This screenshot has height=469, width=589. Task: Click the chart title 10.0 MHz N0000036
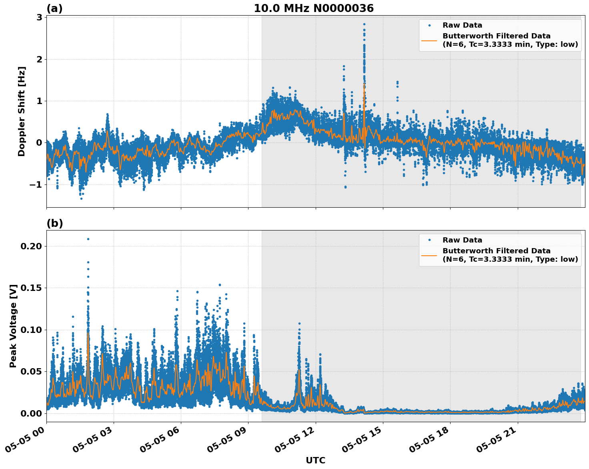click(314, 8)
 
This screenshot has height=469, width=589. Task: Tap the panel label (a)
click(54, 8)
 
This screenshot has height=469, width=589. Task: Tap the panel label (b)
click(54, 223)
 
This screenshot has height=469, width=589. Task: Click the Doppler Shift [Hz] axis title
click(22, 111)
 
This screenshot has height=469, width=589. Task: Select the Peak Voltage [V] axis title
click(13, 326)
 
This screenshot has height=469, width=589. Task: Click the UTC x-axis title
click(315, 460)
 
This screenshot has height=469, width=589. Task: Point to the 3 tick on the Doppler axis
click(39, 18)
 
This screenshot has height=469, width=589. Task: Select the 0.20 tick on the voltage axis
click(31, 246)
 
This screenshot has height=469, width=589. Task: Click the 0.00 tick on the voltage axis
click(31, 413)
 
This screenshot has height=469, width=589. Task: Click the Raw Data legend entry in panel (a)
click(462, 26)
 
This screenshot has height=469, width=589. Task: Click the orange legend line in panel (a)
click(429, 40)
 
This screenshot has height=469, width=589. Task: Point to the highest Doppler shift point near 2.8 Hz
click(364, 24)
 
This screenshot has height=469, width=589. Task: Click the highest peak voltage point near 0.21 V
click(88, 239)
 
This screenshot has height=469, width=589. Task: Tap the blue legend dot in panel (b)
click(429, 240)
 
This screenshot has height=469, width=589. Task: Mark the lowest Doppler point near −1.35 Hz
click(81, 198)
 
